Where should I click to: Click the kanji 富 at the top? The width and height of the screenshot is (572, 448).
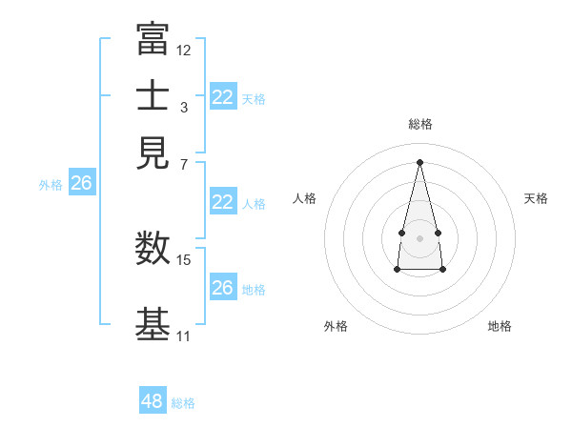pos(153,40)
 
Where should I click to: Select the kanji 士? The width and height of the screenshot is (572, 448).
pos(153,95)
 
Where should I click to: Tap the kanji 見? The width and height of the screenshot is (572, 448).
pos(153,151)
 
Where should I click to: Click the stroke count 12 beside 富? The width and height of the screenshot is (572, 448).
pos(184,50)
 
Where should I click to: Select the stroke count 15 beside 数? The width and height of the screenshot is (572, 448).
pos(184,259)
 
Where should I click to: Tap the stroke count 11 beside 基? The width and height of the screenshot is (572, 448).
pos(183,336)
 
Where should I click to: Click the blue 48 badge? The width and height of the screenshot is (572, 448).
pos(153,401)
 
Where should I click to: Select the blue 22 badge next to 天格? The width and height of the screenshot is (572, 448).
pos(223,96)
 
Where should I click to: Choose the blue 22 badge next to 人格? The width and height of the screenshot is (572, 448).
pos(223,202)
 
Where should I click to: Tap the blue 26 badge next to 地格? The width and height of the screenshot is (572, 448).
pos(223,288)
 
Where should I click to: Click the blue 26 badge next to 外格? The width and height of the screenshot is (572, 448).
pos(81,183)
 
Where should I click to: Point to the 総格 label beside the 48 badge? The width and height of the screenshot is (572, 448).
pos(183,403)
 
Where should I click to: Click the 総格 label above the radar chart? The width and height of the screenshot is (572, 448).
pos(419,124)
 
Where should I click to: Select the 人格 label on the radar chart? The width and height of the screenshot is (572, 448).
pos(305,198)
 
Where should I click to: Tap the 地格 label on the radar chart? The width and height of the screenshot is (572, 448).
pos(500,326)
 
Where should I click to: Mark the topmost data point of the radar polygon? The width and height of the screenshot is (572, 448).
pos(419,161)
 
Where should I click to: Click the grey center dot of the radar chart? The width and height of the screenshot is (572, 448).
pos(419,236)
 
